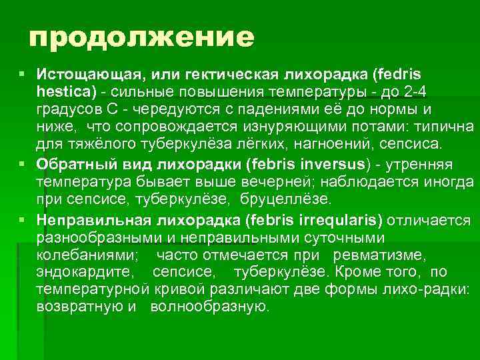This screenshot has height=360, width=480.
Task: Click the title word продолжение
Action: tap(141, 38)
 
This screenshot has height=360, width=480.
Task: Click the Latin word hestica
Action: tap(65, 90)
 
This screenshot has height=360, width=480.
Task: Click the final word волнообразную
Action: tap(209, 307)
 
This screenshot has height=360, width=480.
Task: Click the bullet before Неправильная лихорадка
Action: tap(23, 219)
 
